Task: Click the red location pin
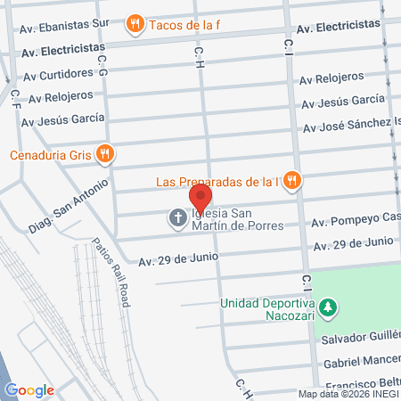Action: click(x=200, y=198)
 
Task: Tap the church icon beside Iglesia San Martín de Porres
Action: click(x=177, y=218)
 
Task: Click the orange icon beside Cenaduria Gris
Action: click(x=105, y=154)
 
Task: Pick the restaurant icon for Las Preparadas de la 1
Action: click(x=292, y=181)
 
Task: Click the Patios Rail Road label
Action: click(x=110, y=273)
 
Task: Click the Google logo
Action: click(x=29, y=390)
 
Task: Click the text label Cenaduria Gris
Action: click(x=51, y=154)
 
